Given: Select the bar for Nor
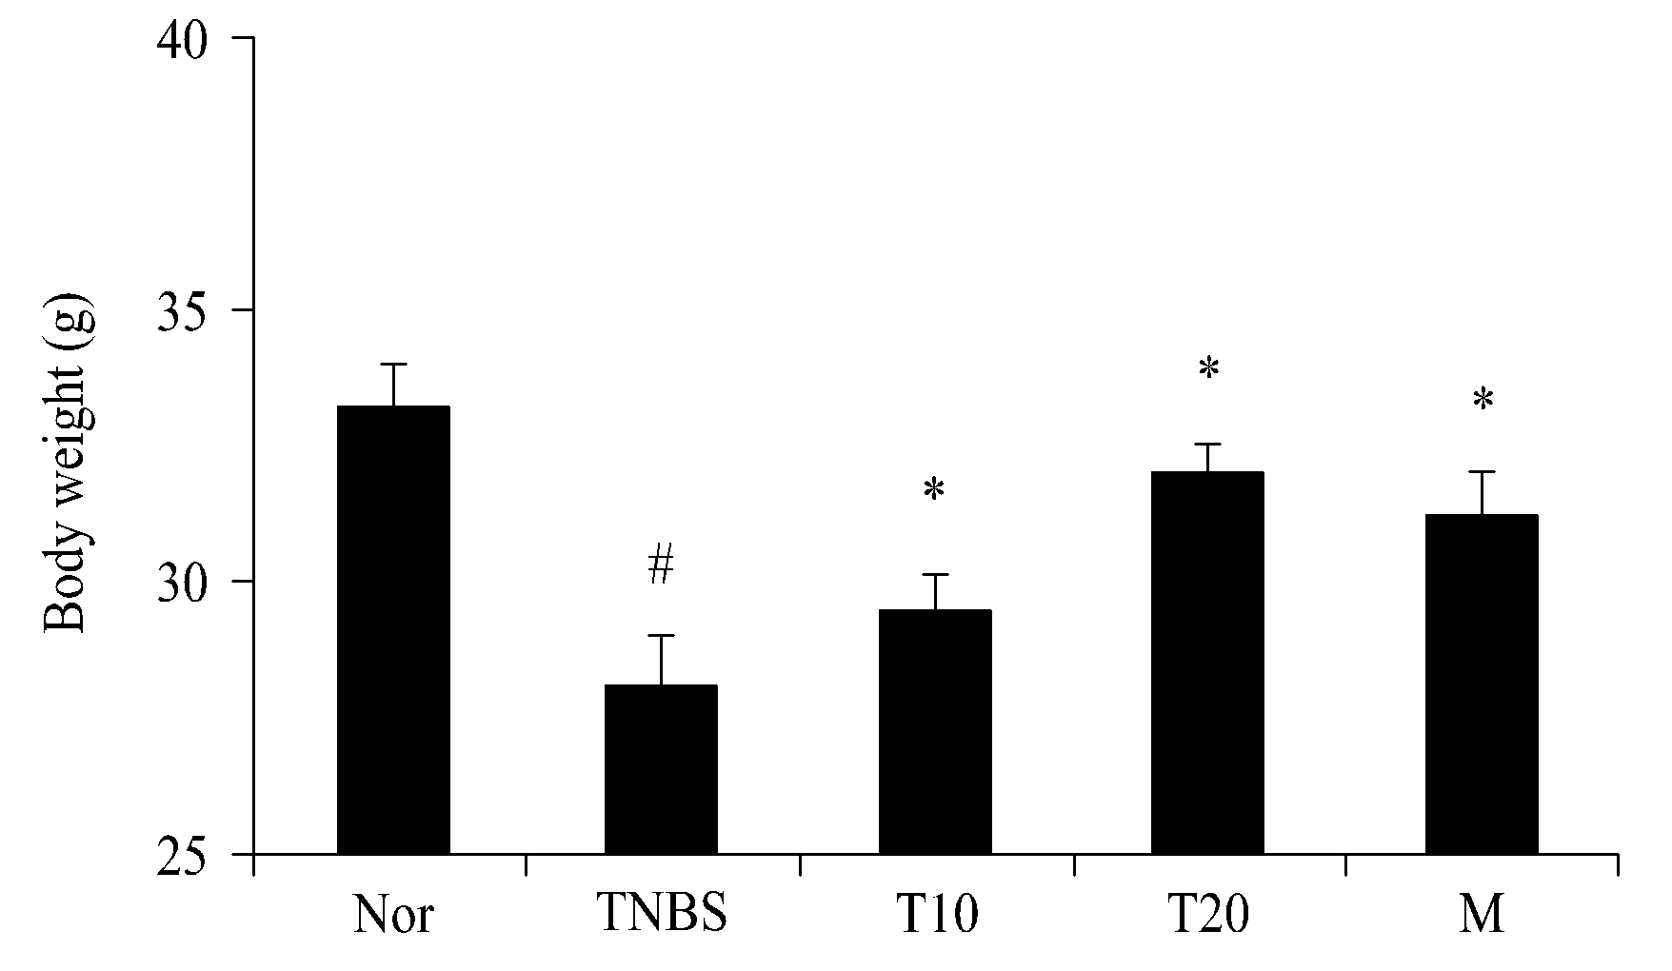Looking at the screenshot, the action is click(x=393, y=630).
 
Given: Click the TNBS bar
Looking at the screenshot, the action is click(x=661, y=769).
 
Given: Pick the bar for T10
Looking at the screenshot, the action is click(x=935, y=732).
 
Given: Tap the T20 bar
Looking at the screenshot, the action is click(x=1207, y=663).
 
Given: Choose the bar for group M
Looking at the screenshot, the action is click(x=1482, y=684).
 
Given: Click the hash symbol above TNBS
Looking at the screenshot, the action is click(x=661, y=565).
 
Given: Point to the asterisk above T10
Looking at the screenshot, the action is click(x=934, y=489).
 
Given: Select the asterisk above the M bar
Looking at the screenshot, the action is click(x=1483, y=399).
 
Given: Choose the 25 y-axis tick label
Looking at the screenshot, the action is click(x=182, y=854).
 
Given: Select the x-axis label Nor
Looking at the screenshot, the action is click(x=393, y=915).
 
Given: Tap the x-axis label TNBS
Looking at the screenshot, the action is click(x=662, y=915).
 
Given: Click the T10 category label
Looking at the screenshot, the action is click(x=935, y=915).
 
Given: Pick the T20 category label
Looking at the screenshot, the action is click(x=1207, y=915).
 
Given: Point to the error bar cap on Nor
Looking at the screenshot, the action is click(x=393, y=364).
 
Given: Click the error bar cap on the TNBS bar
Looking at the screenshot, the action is click(x=661, y=635).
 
